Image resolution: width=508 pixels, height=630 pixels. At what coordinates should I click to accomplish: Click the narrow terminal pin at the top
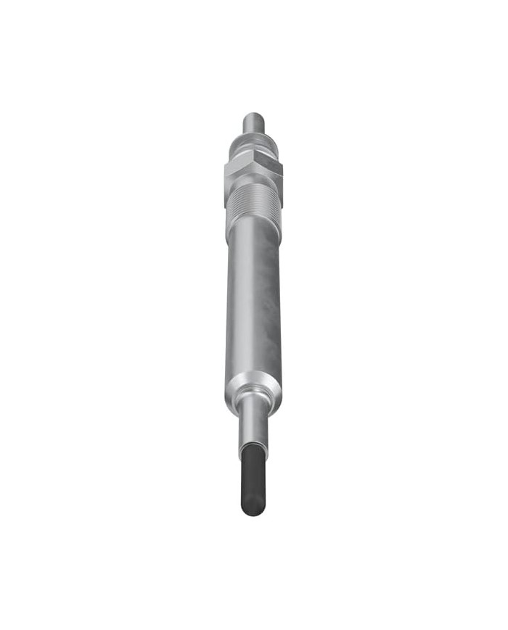point(253,123)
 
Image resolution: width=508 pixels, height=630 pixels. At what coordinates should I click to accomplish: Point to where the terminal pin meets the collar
point(253,134)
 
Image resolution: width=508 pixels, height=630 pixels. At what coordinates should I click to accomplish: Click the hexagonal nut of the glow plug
point(253,171)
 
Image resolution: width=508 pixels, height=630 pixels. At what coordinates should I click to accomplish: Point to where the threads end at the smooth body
point(253,224)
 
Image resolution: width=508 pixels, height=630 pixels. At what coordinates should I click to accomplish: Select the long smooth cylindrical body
point(253,304)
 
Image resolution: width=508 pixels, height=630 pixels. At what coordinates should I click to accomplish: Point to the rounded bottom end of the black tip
point(253,512)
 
